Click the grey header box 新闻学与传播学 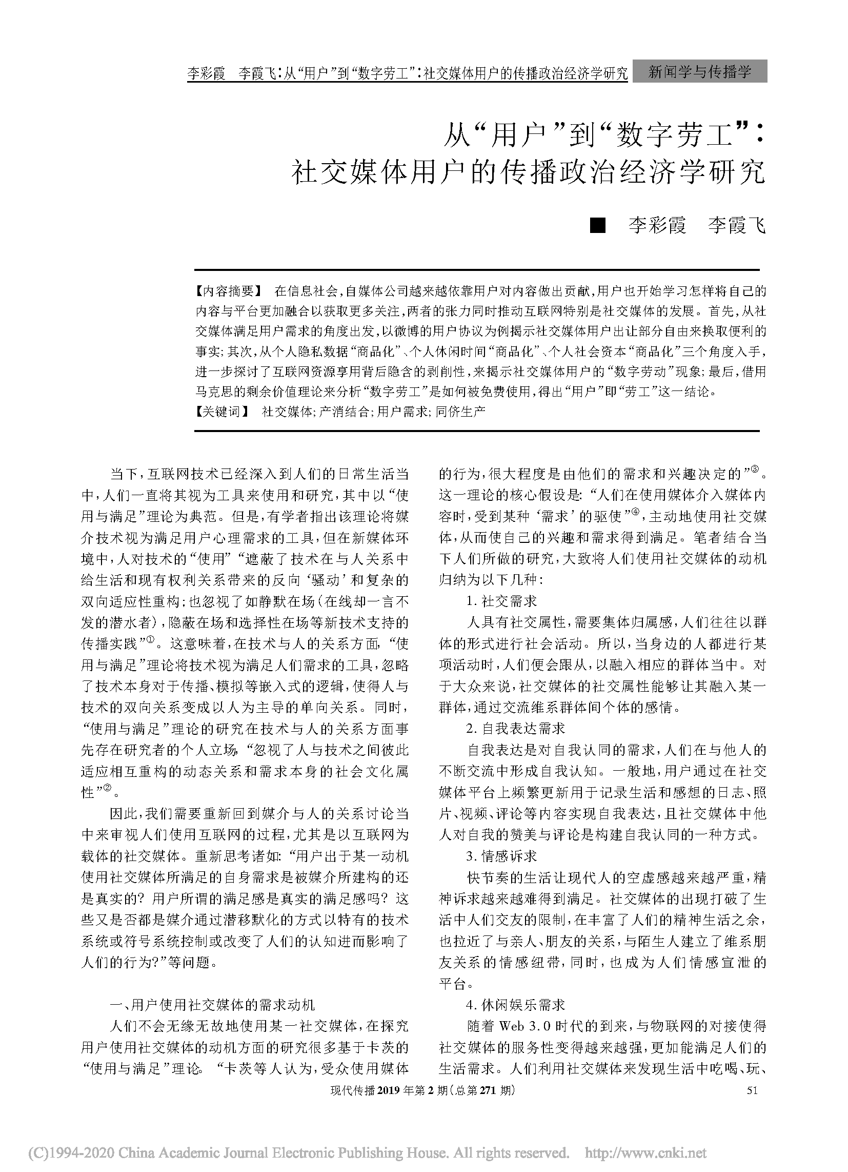click(699, 71)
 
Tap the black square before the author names click(597, 225)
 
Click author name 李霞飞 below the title click(736, 225)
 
